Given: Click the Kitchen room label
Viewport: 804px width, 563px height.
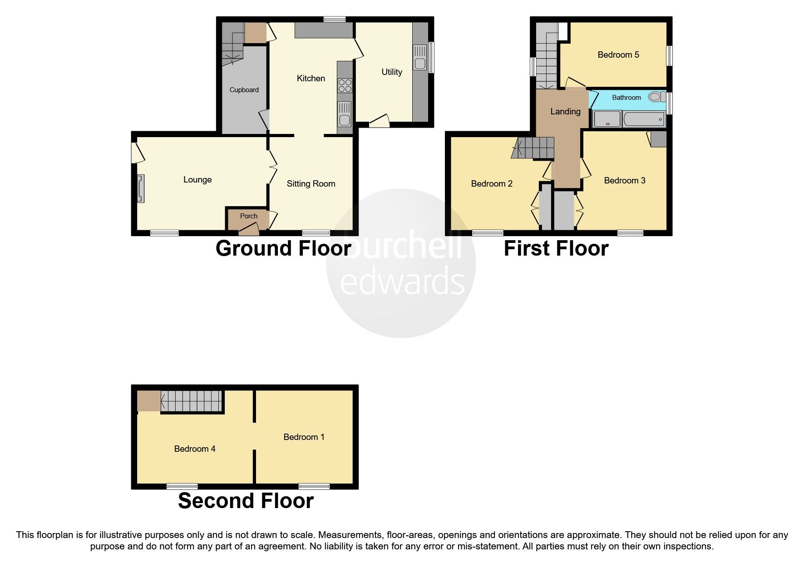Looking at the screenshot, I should coord(311,79).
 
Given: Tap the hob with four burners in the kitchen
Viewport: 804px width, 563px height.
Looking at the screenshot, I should coord(345,86).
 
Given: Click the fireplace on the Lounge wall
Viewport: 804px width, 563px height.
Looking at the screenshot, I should coord(140,188).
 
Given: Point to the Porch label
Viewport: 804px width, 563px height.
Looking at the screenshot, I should coord(248,216).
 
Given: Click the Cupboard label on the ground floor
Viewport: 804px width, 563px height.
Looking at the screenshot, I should coord(244,90).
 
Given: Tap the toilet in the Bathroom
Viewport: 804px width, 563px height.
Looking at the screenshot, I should coord(655,97).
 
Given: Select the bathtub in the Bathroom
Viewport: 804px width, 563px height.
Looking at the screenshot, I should coord(644,120).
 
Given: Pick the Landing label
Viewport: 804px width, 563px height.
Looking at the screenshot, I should coord(565,111).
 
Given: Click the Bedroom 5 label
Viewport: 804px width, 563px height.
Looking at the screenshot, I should coord(618,55).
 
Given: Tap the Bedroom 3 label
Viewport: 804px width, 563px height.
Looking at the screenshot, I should coord(624,181).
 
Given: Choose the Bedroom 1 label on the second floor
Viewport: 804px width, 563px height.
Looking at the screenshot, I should coord(304,437).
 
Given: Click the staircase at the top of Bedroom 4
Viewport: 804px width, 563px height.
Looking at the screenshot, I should coord(191,401).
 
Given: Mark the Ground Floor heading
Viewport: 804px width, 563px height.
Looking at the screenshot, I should coord(283,248).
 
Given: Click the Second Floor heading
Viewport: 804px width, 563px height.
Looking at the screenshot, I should coord(246,501).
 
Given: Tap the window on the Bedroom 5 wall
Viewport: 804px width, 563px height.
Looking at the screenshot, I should coord(669,55).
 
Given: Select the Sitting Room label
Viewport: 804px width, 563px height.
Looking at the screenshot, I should coord(311,184).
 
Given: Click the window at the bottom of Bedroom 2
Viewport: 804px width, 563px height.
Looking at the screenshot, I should coord(488,233).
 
